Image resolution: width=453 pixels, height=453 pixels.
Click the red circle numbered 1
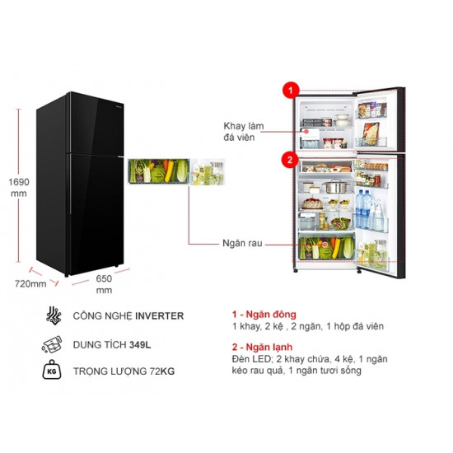coord(291,90)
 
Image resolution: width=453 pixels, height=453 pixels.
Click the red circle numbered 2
coord(290,160)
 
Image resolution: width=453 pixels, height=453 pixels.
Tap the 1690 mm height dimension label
coord(19,188)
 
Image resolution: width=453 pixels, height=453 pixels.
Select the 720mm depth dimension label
coord(30,283)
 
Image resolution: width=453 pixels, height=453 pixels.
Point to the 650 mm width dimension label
coord(104,284)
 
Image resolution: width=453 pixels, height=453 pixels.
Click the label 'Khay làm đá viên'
coord(244,132)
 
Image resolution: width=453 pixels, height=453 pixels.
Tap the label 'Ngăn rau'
coord(242,243)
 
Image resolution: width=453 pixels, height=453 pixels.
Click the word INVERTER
coord(160,315)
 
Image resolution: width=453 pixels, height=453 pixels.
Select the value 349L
coord(140,344)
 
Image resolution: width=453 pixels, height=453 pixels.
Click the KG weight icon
coord(52,370)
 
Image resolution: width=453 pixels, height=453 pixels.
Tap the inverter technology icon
coord(54,315)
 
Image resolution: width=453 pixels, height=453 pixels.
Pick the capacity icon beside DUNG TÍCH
coord(52,344)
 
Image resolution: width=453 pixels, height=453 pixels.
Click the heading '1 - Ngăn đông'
coord(264,314)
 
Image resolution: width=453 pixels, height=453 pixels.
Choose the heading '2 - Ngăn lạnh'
coord(262,347)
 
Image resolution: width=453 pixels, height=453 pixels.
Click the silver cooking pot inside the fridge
coord(336,186)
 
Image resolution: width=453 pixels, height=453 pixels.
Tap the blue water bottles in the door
coord(363,208)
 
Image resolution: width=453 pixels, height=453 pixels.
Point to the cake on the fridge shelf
coord(312,203)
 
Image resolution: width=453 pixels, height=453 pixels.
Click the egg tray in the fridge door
coord(376,166)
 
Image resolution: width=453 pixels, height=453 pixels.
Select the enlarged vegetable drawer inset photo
coord(159,171)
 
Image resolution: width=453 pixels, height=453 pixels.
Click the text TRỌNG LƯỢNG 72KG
coord(124,371)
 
